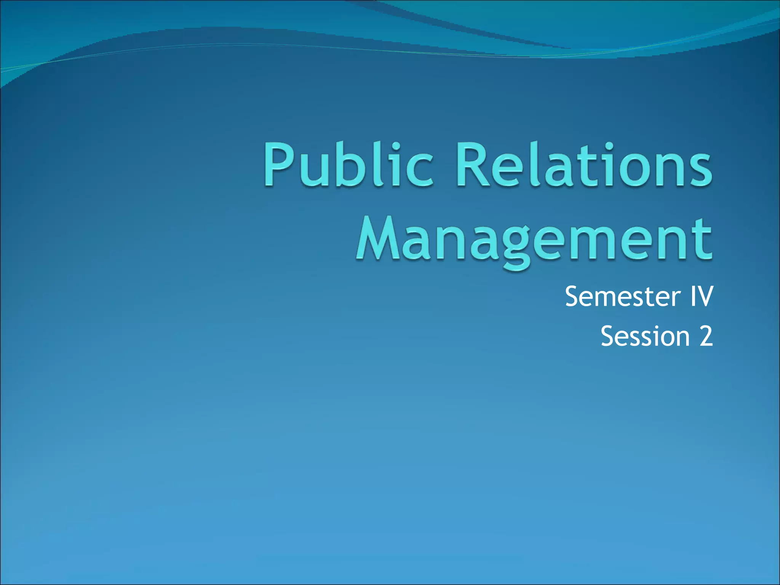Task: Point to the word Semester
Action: click(x=623, y=297)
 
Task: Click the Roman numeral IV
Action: click(x=700, y=297)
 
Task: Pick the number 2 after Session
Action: click(x=706, y=336)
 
